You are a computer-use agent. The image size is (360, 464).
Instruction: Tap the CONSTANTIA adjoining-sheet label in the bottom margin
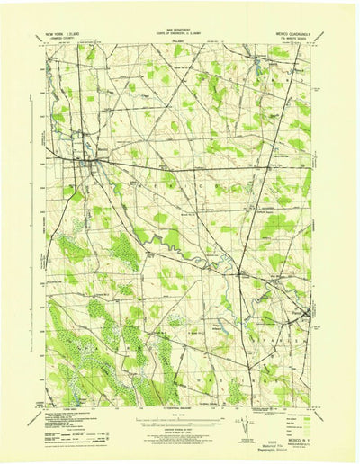(x=180, y=406)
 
